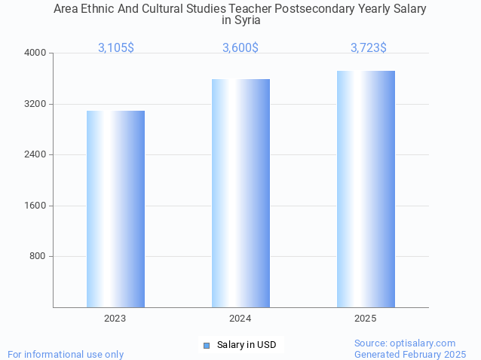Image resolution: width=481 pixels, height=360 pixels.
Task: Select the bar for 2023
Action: click(115, 209)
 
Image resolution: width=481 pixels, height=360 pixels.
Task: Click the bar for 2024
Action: click(240, 193)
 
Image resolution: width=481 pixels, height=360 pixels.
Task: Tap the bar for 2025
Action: click(366, 189)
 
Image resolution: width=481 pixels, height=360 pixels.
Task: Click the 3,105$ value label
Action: click(116, 47)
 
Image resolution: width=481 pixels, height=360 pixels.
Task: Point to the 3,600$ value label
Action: click(240, 47)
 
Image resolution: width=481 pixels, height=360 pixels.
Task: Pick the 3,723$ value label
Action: click(369, 47)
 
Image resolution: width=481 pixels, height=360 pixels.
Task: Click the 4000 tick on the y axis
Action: click(36, 53)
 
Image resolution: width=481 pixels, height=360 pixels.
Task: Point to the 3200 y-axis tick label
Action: click(36, 104)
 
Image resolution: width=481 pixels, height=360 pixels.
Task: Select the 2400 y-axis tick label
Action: click(36, 154)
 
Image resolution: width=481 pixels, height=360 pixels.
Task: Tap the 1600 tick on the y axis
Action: click(36, 206)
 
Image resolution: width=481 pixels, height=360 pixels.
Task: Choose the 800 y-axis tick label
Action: click(38, 256)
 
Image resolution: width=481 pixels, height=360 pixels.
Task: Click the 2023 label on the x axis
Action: click(115, 319)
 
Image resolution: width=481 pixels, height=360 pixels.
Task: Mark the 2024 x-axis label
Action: click(240, 319)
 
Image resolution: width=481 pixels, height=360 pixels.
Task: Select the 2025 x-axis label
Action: click(366, 319)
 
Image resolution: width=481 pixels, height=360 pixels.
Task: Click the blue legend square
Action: click(206, 345)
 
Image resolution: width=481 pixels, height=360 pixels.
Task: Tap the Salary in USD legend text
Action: click(247, 345)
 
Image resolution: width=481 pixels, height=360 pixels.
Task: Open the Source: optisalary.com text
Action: click(405, 343)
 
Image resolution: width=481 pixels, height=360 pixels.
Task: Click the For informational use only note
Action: click(66, 354)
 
